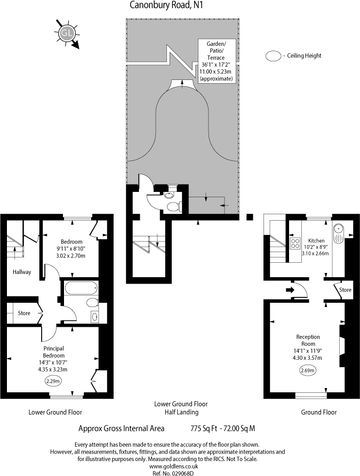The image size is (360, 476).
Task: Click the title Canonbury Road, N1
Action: coord(167,5)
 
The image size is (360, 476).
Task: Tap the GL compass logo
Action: coord(66,33)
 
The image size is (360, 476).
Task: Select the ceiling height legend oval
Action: coord(274,55)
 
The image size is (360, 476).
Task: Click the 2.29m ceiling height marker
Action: coord(53,381)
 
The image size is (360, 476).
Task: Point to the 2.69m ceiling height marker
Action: coord(308,370)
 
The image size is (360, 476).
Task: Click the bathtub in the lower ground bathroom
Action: coord(81,289)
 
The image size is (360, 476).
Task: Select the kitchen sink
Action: coord(338,230)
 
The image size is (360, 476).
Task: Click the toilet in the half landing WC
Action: coord(172,206)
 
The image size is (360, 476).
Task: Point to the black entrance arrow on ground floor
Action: coord(290,290)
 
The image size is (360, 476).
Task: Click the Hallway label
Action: coord(22,272)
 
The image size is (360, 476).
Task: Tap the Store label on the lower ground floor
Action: coord(24,313)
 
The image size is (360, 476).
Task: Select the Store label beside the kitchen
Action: coord(346,290)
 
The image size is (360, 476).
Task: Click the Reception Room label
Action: coord(308,340)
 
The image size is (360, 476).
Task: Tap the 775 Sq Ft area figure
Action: coord(205,428)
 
